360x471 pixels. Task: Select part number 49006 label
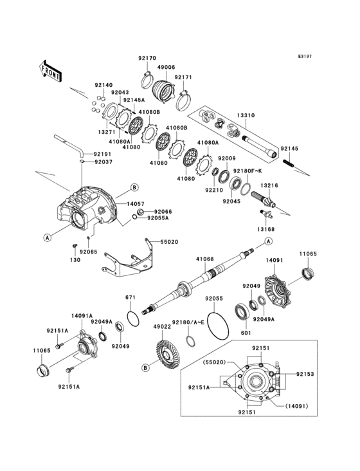(x=166, y=66)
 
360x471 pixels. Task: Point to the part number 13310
(x=246, y=116)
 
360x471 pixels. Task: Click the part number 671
(x=130, y=297)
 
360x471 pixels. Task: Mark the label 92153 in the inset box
(x=304, y=374)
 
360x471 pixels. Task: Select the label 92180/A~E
(x=188, y=321)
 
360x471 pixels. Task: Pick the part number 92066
(x=163, y=211)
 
